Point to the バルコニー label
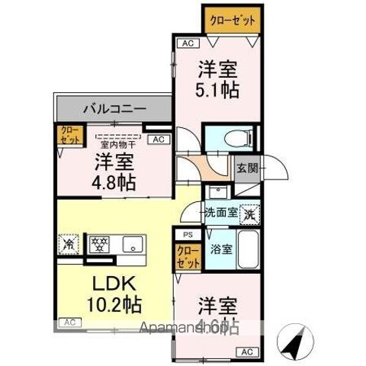114,109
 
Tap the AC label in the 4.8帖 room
159,140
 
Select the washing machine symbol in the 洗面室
249,215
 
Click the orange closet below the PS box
187,255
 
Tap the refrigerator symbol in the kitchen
69,246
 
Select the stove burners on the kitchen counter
98,246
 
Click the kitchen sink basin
135,246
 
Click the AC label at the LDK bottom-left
68,323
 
